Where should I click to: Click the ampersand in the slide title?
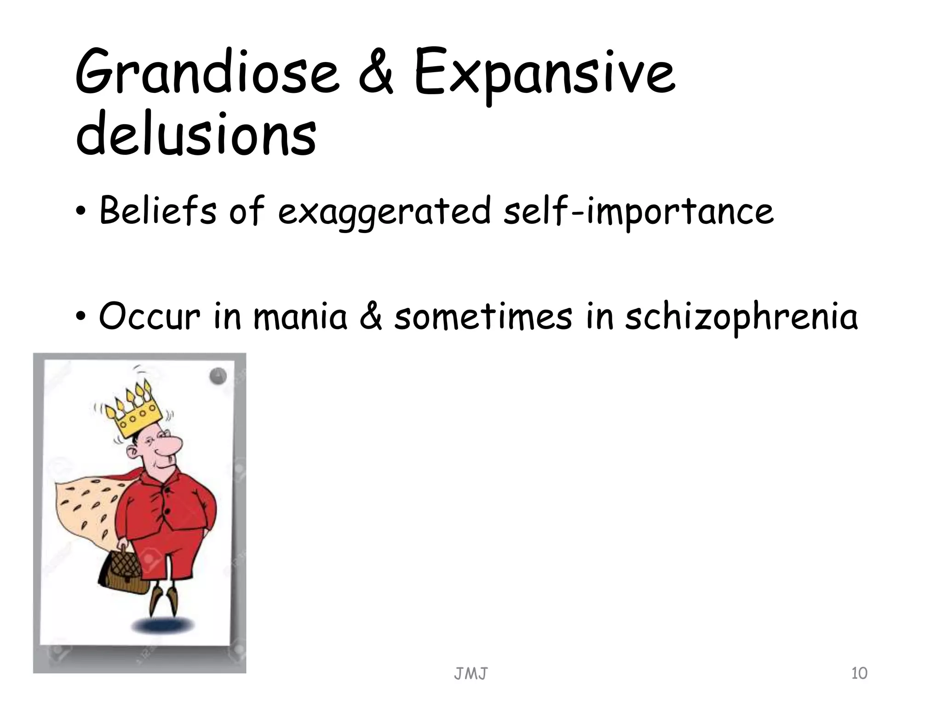(376, 74)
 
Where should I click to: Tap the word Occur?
(150, 317)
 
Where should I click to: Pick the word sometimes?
(483, 317)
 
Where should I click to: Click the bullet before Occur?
(81, 318)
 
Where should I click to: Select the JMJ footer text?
(471, 674)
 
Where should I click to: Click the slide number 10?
(859, 673)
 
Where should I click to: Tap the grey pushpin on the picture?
(218, 376)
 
